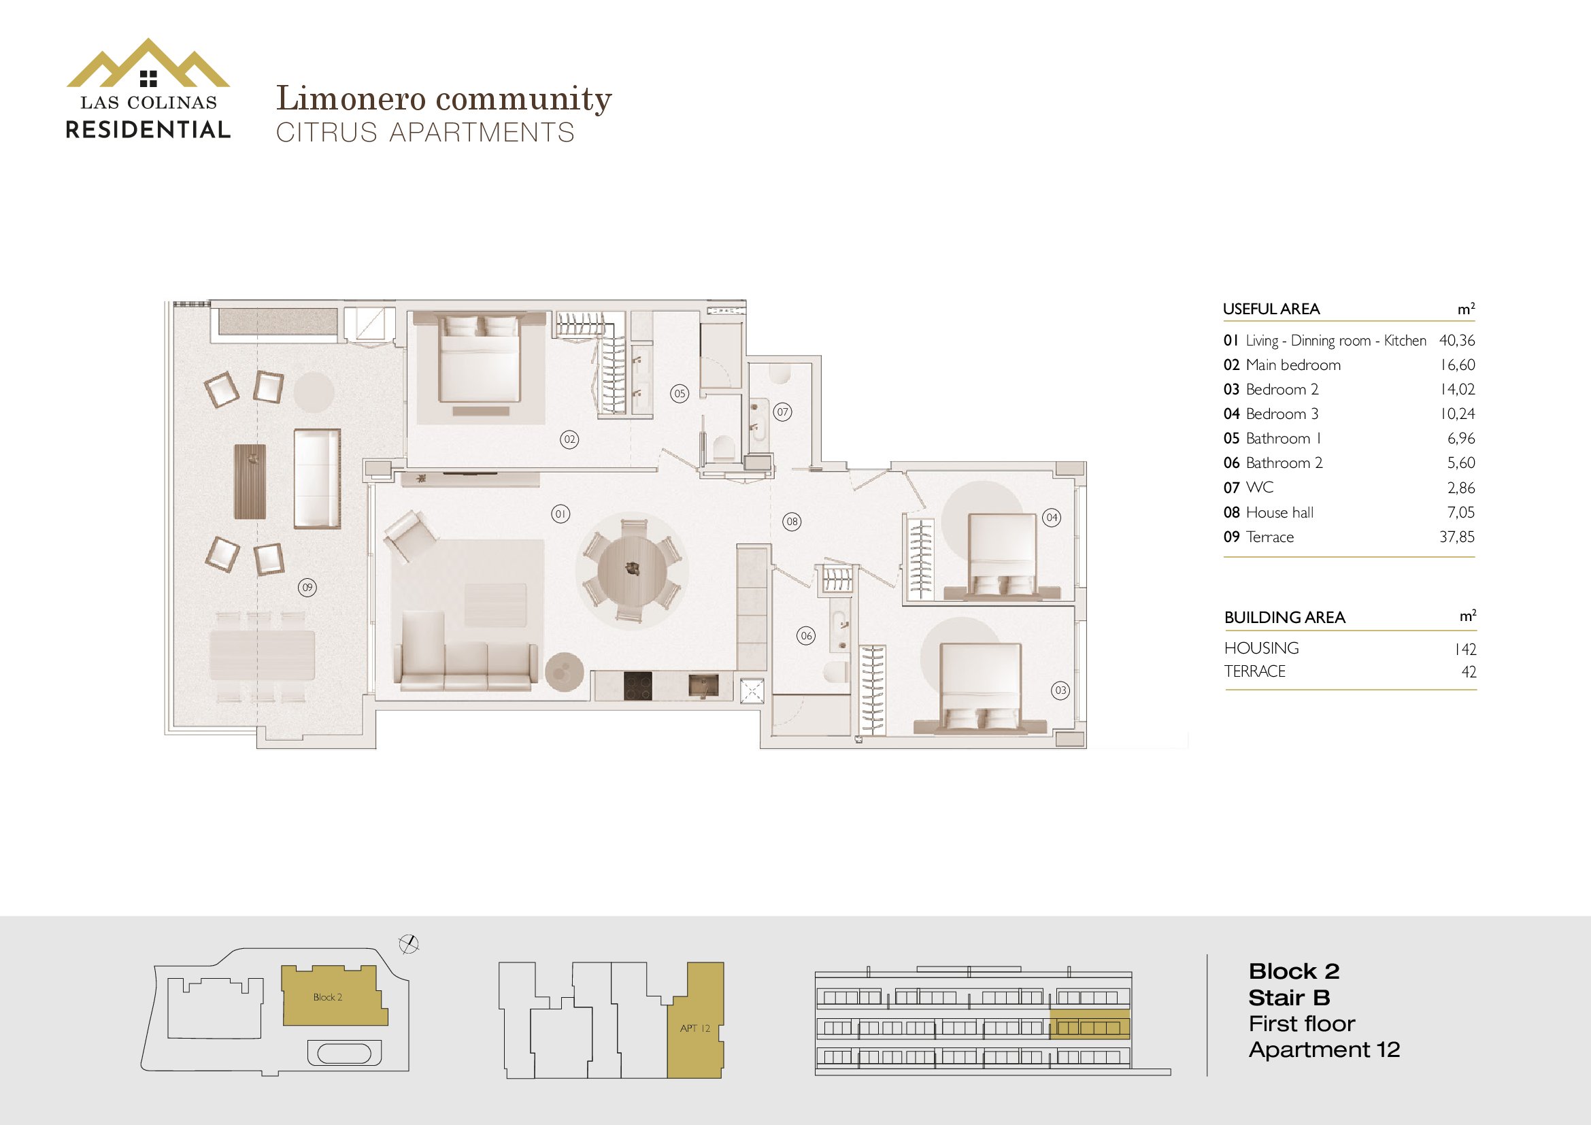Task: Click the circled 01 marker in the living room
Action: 560,514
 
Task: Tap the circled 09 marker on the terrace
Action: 307,588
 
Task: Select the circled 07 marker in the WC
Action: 782,412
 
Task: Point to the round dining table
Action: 632,569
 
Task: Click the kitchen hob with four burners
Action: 637,686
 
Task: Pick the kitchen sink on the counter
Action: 703,686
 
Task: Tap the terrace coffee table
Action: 250,482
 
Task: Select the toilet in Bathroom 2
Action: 835,671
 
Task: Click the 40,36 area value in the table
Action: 1456,340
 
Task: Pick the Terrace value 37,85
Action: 1456,537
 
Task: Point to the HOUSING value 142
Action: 1465,649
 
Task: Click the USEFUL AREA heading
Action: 1271,309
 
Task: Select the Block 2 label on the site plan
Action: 328,997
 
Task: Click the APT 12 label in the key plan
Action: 695,1028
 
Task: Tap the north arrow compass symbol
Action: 409,944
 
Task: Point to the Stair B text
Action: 1289,998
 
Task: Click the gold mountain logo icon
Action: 148,64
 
